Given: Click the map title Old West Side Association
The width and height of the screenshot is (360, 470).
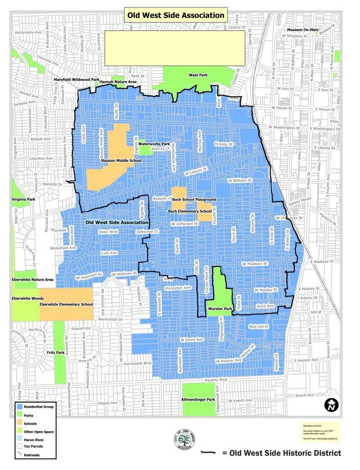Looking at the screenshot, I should [x=176, y=15].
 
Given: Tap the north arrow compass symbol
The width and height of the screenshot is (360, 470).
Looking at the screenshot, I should [x=331, y=405].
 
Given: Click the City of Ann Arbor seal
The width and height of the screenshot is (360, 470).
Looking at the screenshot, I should [x=184, y=440].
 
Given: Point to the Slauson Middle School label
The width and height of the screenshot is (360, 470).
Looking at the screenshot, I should [x=114, y=161].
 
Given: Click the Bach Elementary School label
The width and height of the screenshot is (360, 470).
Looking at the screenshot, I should [x=190, y=212].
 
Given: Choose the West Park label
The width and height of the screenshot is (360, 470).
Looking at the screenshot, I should [x=198, y=75].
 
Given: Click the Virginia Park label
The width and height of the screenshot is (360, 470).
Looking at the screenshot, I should [x=24, y=200].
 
